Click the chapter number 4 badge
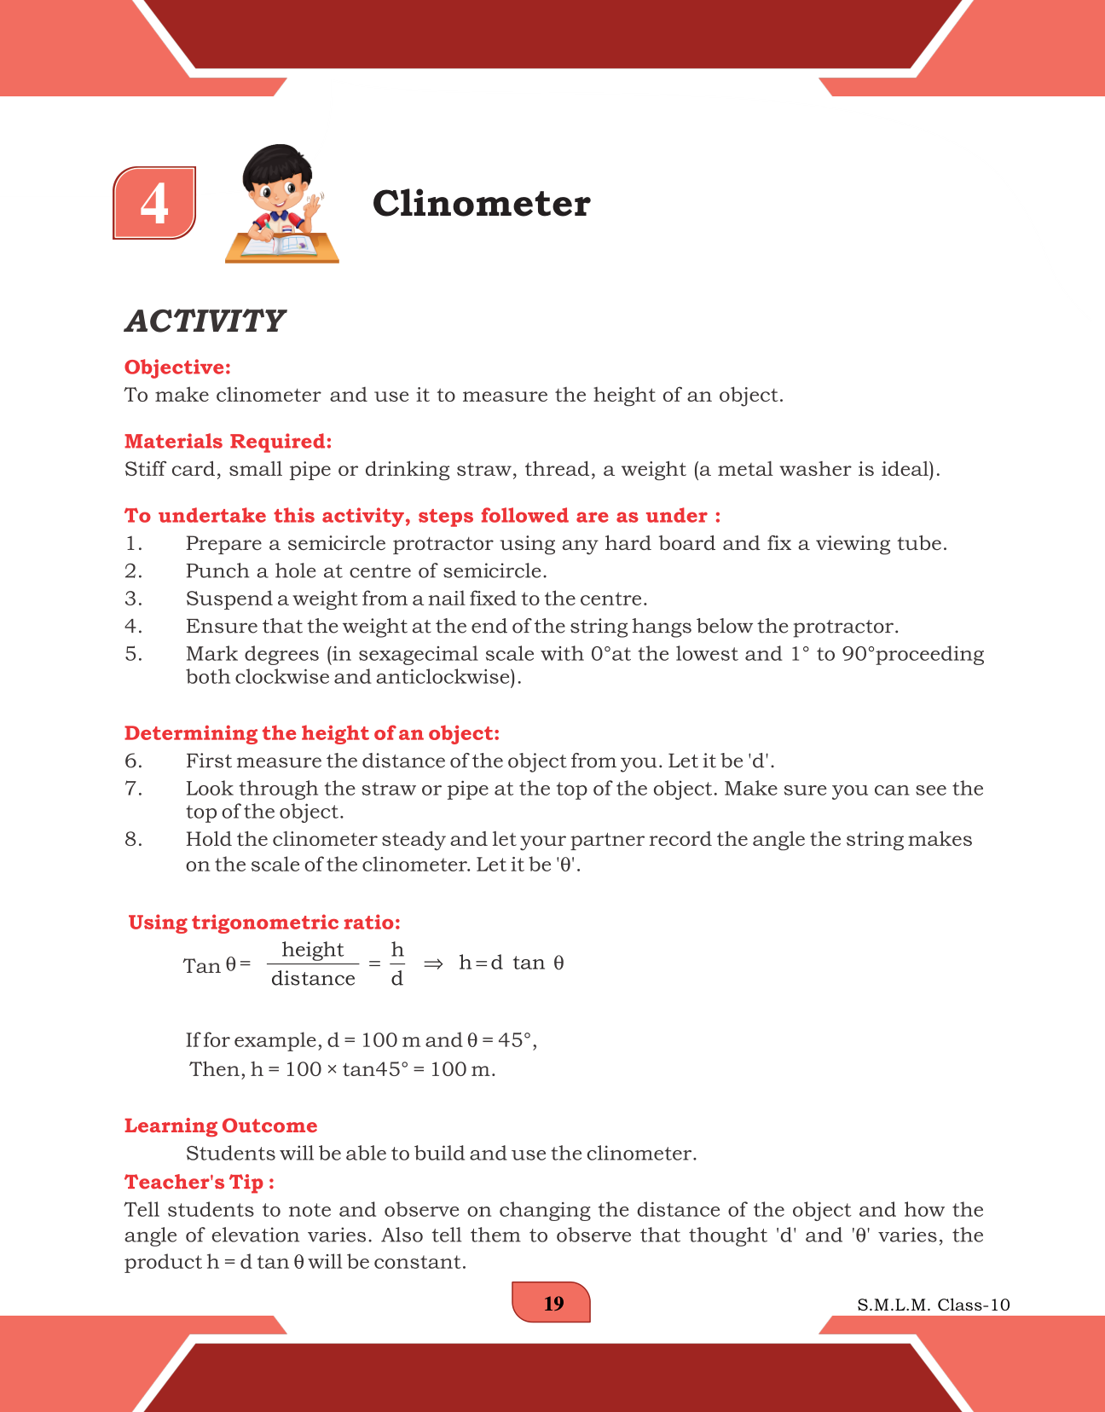click(x=154, y=203)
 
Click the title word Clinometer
click(x=481, y=204)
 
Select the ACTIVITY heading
click(x=205, y=321)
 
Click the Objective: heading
click(x=177, y=367)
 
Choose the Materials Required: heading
click(x=228, y=442)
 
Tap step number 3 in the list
click(x=134, y=599)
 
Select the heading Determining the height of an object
click(x=311, y=733)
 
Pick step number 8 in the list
click(x=134, y=839)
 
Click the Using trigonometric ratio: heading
click(x=264, y=923)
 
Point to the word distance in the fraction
click(x=313, y=979)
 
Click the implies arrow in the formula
click(x=433, y=964)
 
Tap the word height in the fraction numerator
click(x=312, y=950)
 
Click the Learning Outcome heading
click(x=221, y=1126)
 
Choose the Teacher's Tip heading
click(x=199, y=1183)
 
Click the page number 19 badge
click(x=552, y=1303)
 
